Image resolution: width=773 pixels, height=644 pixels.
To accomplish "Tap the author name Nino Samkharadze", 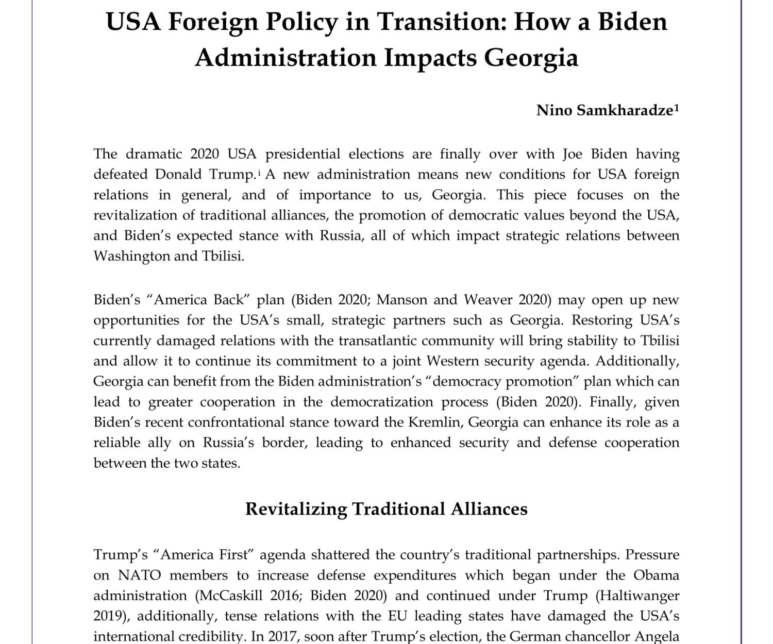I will point(604,110).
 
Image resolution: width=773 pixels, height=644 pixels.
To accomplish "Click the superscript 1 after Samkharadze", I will point(677,107).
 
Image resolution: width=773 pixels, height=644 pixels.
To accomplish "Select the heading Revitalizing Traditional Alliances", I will point(386,509).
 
